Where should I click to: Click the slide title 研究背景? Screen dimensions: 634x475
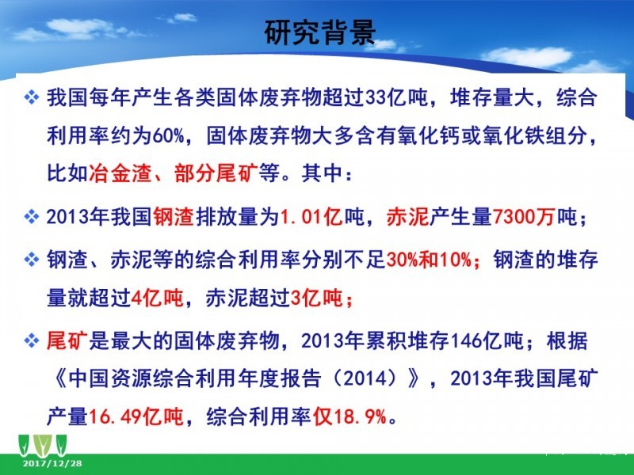(320, 32)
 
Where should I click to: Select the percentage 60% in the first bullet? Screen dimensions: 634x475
(169, 135)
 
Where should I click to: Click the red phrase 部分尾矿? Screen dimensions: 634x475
(216, 173)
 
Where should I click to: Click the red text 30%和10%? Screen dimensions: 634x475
(429, 260)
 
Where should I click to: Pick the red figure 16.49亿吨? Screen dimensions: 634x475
(136, 416)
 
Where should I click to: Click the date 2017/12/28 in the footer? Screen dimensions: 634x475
(52, 463)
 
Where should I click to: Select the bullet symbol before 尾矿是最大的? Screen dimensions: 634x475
(32, 341)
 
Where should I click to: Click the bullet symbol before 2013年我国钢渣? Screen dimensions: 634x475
(32, 217)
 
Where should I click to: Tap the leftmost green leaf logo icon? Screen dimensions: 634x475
(25, 445)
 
